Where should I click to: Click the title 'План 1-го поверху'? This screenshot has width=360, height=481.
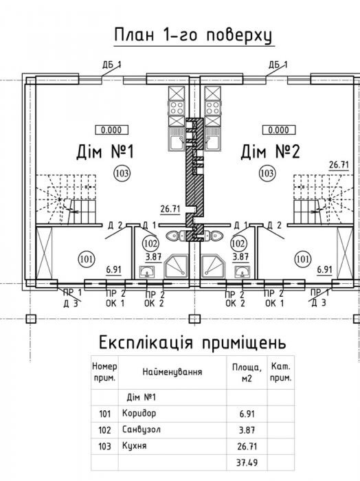tap(193, 36)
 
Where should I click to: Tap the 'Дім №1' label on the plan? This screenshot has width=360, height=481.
tap(105, 152)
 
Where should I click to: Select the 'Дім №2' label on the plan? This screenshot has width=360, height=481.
tap(270, 152)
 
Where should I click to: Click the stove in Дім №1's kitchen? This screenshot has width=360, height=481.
tap(177, 108)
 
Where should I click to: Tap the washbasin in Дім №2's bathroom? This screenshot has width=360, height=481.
tap(243, 272)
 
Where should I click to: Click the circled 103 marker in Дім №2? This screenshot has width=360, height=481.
tap(267, 173)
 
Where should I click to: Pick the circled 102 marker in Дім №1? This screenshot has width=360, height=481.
tap(150, 243)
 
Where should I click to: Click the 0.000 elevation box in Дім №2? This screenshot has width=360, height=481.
tap(278, 130)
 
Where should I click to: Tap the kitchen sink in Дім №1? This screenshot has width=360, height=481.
tap(177, 139)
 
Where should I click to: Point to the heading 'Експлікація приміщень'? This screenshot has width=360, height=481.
tap(192, 343)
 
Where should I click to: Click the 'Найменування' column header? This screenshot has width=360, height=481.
tap(172, 372)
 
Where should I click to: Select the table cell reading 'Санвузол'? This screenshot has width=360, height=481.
tap(141, 429)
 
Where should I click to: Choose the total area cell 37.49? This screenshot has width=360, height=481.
tap(247, 462)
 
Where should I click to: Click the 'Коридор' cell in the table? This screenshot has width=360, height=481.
tap(139, 413)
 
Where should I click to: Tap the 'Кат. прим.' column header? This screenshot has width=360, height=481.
tap(280, 372)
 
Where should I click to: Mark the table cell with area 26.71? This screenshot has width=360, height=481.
tap(247, 446)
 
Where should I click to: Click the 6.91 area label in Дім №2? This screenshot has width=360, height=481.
tap(324, 269)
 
